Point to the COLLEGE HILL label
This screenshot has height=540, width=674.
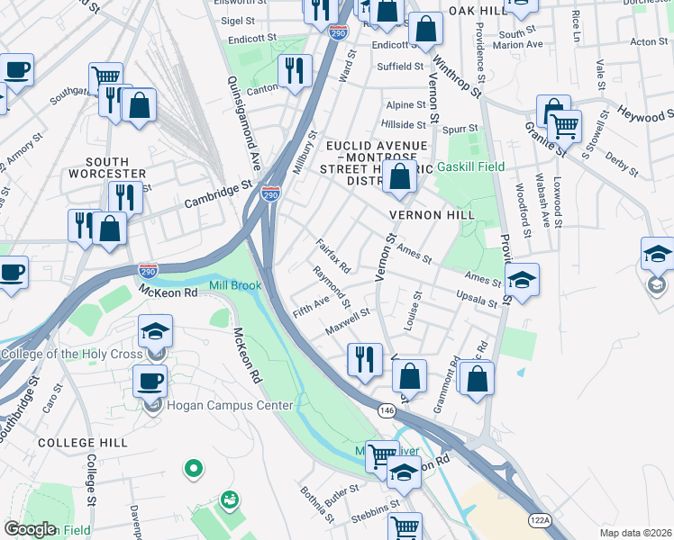click(x=74, y=444)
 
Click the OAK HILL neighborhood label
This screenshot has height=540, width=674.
click(x=478, y=10)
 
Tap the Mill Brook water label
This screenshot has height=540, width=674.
click(x=235, y=286)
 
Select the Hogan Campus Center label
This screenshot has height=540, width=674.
click(x=230, y=406)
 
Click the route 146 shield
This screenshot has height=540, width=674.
click(x=387, y=409)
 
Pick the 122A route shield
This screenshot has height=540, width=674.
click(x=540, y=519)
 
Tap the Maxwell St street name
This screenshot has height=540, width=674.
click(x=348, y=319)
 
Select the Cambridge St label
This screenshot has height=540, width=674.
click(x=217, y=195)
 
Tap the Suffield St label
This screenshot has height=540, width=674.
click(x=400, y=67)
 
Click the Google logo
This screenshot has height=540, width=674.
click(x=30, y=528)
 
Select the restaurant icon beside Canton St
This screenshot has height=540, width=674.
click(x=295, y=70)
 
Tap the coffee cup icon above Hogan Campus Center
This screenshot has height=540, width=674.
click(x=150, y=379)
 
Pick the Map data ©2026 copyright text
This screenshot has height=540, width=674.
click(x=634, y=533)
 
